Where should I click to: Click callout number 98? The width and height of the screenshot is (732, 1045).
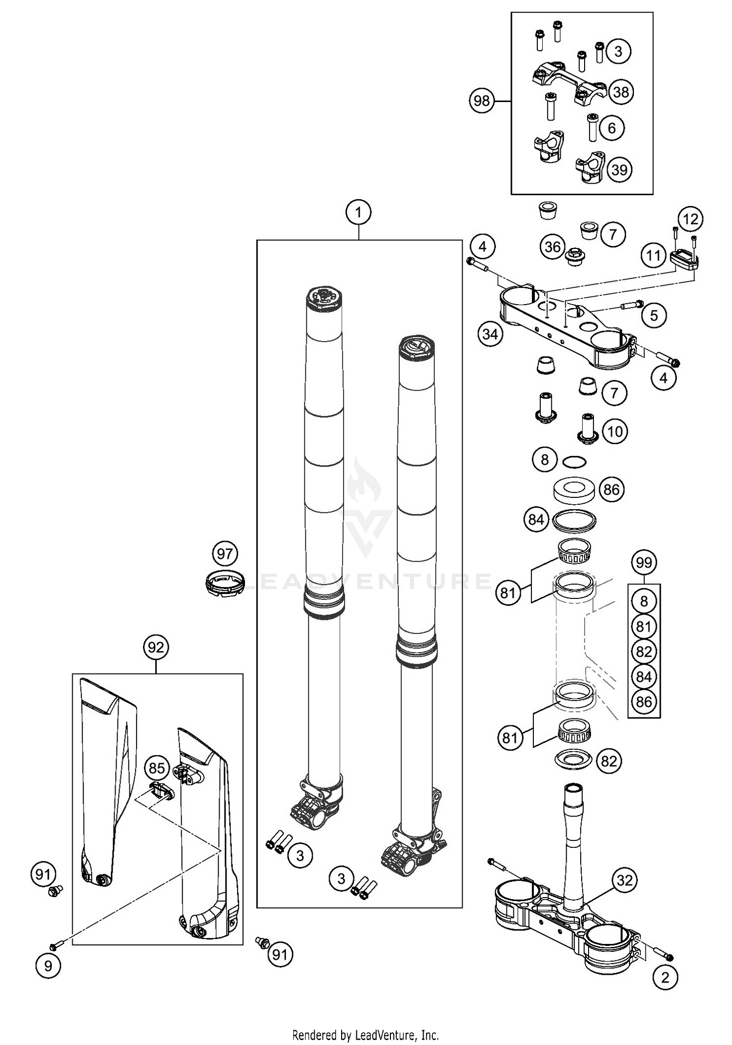pyautogui.click(x=481, y=101)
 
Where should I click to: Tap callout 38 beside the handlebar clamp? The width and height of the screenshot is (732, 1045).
pyautogui.click(x=621, y=92)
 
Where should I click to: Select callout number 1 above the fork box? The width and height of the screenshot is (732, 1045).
pyautogui.click(x=359, y=212)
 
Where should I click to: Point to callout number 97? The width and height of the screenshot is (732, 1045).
pyautogui.click(x=225, y=553)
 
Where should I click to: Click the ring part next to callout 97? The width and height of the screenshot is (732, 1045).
pyautogui.click(x=224, y=582)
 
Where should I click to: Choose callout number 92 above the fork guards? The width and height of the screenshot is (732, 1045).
pyautogui.click(x=156, y=647)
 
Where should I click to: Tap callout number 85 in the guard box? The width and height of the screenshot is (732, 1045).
pyautogui.click(x=157, y=768)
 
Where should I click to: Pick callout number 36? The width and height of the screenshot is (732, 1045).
pyautogui.click(x=552, y=247)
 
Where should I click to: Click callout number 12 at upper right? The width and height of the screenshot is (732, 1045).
pyautogui.click(x=691, y=219)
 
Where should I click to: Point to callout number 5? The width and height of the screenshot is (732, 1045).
pyautogui.click(x=654, y=315)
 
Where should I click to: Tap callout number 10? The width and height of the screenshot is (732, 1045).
pyautogui.click(x=615, y=431)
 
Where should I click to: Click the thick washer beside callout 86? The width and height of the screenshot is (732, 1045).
pyautogui.click(x=574, y=490)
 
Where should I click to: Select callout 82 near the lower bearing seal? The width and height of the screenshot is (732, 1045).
pyautogui.click(x=609, y=761)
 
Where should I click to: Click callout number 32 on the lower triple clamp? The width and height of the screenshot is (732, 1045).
pyautogui.click(x=625, y=880)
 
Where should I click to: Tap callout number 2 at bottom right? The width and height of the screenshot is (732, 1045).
pyautogui.click(x=665, y=977)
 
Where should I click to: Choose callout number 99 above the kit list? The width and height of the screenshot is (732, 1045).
pyautogui.click(x=644, y=563)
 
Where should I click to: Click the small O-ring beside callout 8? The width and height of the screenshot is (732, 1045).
pyautogui.click(x=574, y=461)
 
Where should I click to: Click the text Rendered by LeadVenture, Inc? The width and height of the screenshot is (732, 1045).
pyautogui.click(x=366, y=1035)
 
